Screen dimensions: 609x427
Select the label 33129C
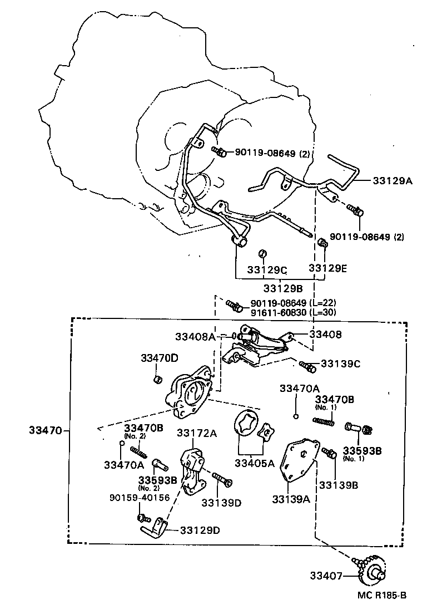click(x=267, y=271)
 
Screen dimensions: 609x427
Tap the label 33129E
click(x=328, y=268)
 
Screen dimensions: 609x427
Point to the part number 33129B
click(x=283, y=288)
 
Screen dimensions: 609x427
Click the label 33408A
click(x=195, y=336)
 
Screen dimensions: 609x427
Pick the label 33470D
click(x=160, y=358)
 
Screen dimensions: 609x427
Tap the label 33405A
click(x=255, y=463)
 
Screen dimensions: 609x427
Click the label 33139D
click(x=221, y=503)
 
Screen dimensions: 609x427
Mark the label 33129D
click(x=200, y=529)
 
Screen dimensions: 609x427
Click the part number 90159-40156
click(x=139, y=498)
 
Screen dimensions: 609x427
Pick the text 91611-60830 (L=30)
click(x=294, y=313)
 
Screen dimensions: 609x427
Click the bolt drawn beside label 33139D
click(x=221, y=479)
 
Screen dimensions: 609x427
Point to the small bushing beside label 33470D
click(x=157, y=380)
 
